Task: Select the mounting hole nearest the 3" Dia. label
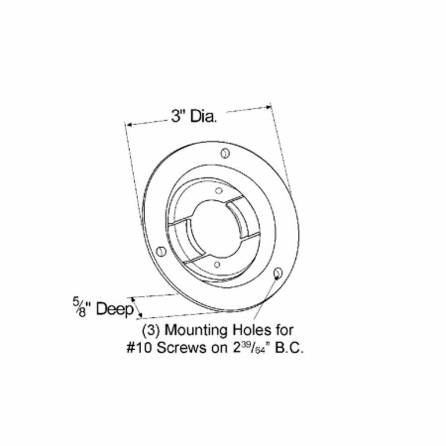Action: (x=225, y=153)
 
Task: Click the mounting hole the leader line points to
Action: (x=278, y=272)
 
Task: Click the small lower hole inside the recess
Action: (x=217, y=264)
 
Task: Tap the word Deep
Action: (x=115, y=310)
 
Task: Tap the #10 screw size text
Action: (x=138, y=348)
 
